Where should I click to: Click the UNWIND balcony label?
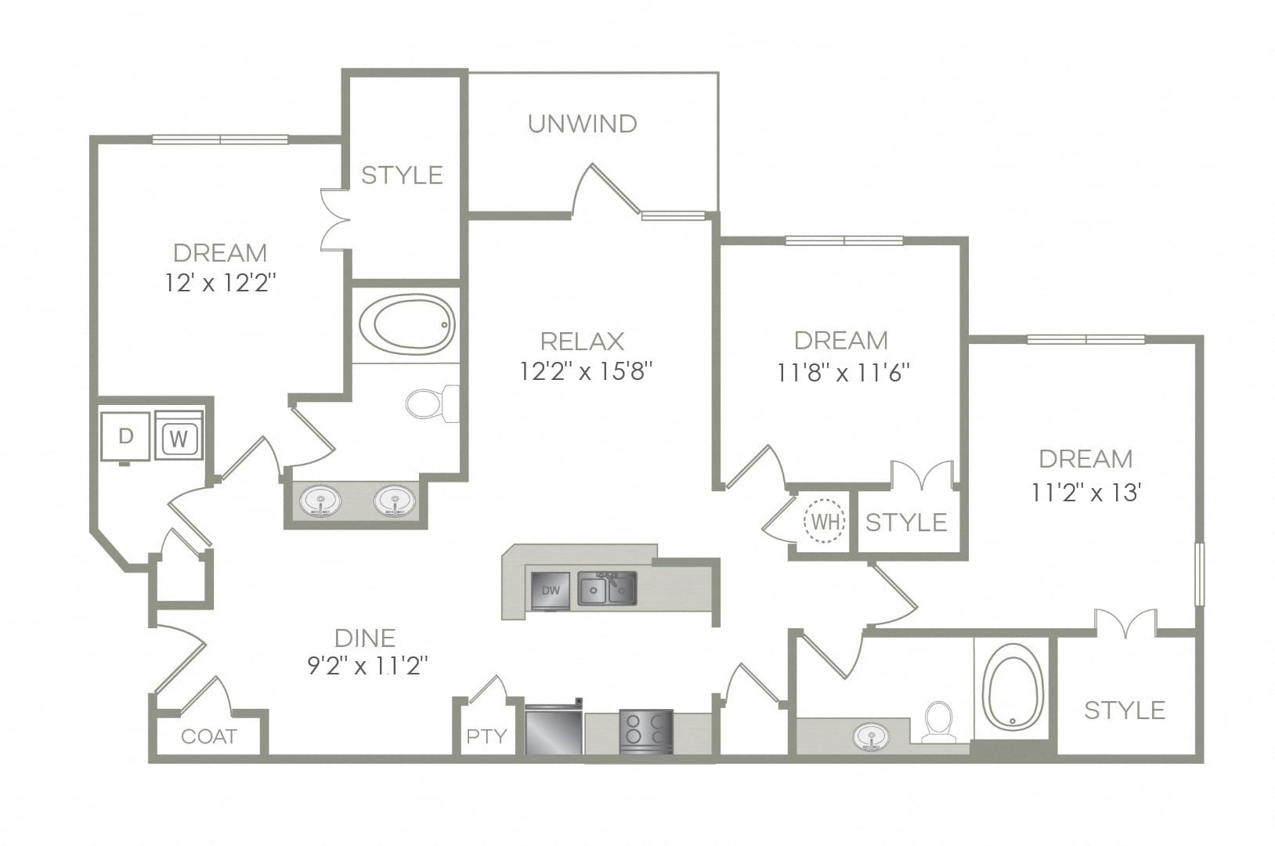tap(583, 124)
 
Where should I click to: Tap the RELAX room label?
tap(583, 342)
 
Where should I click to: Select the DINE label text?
tap(365, 638)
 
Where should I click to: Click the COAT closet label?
tap(209, 736)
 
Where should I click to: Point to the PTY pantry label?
tap(486, 736)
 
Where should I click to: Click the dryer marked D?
tap(125, 436)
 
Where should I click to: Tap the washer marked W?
tap(179, 436)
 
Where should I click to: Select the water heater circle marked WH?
tap(824, 521)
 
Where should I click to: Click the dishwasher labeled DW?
tap(550, 591)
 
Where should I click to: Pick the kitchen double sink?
tap(607, 588)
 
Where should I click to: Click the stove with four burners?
tap(646, 732)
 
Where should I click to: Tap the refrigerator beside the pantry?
tap(553, 729)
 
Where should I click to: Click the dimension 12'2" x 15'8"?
tap(586, 372)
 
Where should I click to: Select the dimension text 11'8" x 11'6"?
tap(843, 373)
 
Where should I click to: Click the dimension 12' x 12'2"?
tap(220, 282)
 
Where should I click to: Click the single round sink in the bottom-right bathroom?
tap(870, 736)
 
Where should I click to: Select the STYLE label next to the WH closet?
tap(906, 522)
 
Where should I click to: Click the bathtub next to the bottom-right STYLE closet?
tap(1013, 687)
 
